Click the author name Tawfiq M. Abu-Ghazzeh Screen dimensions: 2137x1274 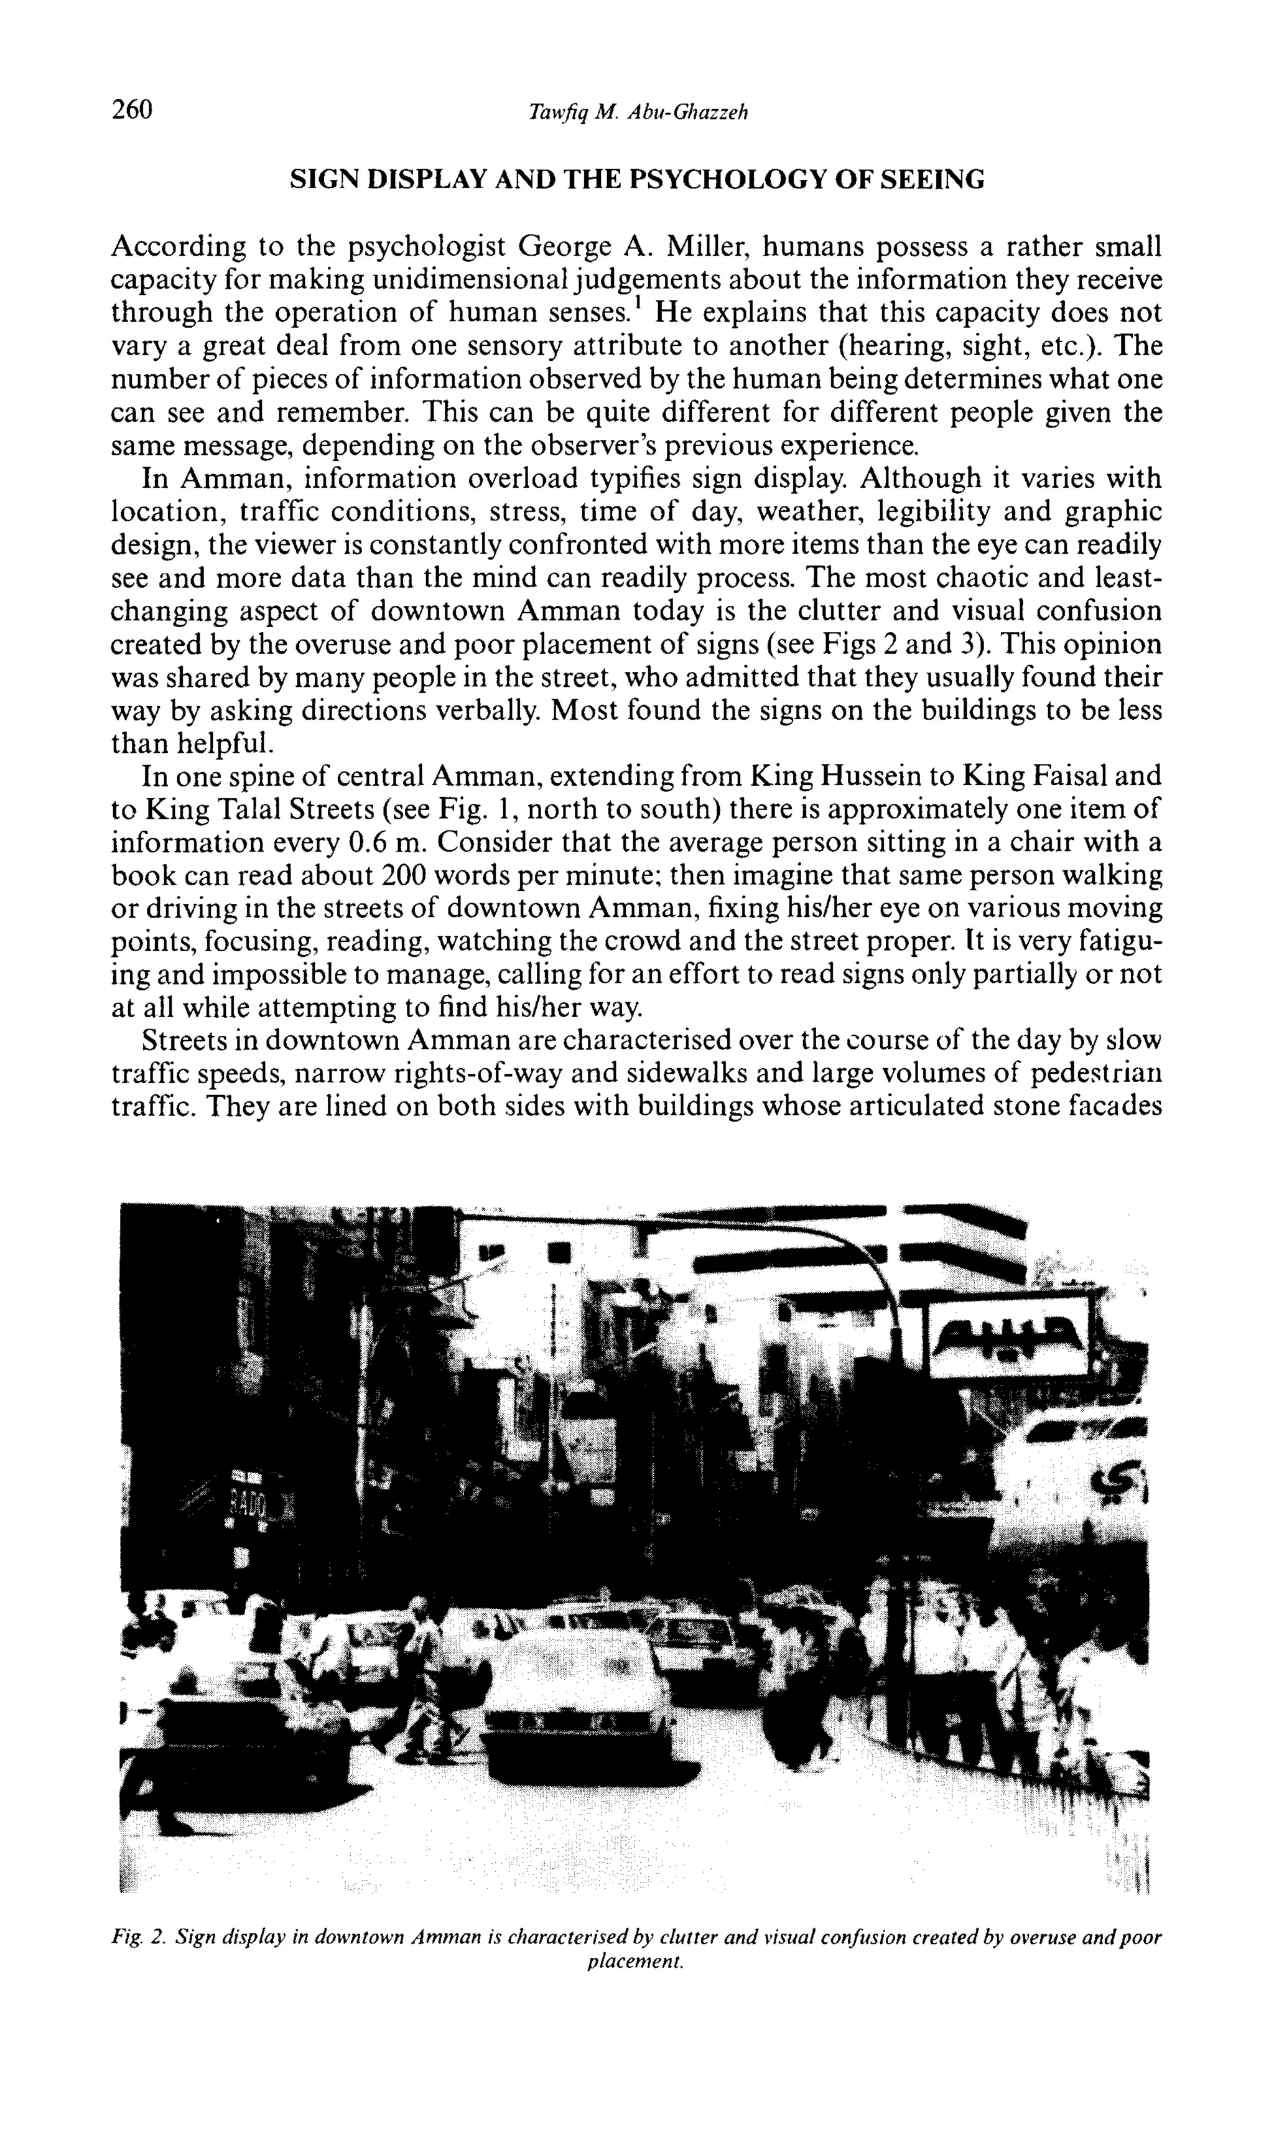point(639,113)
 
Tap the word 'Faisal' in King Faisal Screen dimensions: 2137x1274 point(1084,776)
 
